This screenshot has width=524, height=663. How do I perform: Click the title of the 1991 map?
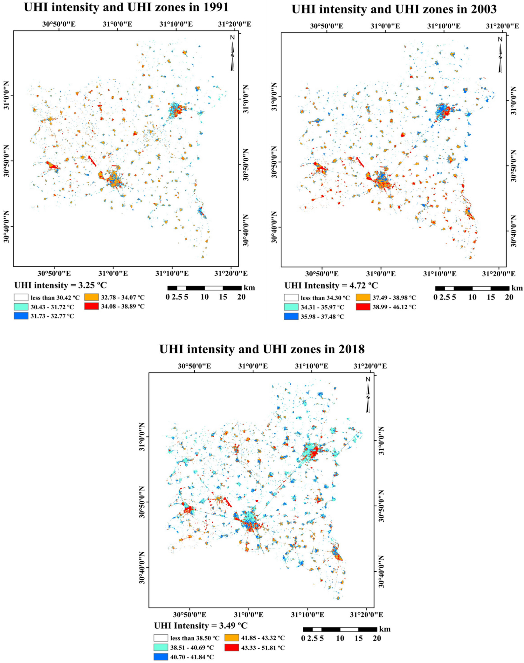126,7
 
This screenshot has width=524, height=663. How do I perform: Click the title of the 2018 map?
262,349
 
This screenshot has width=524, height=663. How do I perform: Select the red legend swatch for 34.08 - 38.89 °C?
91,306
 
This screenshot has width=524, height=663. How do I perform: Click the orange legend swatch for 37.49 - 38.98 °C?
363,298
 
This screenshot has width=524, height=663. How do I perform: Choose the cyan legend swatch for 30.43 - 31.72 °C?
21,307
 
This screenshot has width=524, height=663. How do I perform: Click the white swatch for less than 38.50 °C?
161,638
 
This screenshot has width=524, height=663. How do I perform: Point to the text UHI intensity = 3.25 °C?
60,285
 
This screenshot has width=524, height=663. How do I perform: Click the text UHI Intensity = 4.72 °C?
331,286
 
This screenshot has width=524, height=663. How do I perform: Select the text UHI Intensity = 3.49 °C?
201,625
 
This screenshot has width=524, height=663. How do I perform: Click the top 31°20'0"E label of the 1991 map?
235,24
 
